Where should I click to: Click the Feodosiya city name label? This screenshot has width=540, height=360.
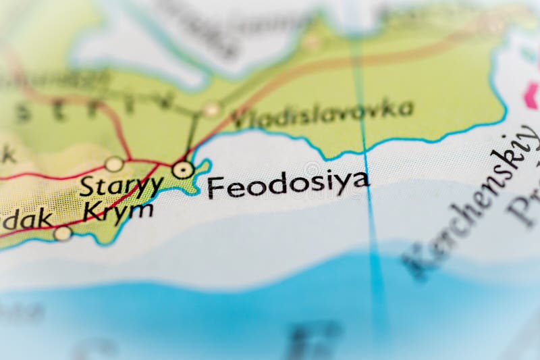coord(288,184)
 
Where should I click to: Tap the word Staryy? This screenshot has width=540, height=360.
coord(122,186)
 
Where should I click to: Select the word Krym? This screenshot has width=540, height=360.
coord(117,211)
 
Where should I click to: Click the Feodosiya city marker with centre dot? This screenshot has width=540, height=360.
coord(183,169)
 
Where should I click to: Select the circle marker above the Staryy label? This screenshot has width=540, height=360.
coord(114,164)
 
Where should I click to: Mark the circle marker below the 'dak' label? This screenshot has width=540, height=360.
coord(63,234)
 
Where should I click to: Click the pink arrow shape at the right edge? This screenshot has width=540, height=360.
coord(533,95)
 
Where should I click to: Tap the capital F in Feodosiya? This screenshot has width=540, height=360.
coord(215,187)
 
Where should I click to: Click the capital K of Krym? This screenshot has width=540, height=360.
coord(92,211)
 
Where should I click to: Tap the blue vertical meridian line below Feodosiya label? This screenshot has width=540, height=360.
coord(373,236)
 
